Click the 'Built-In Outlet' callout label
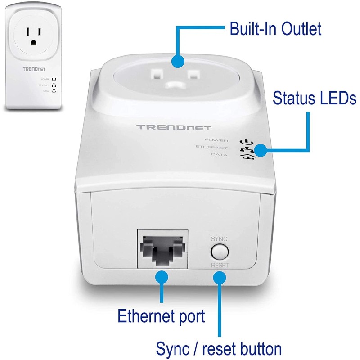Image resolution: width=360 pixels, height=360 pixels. (x=275, y=29)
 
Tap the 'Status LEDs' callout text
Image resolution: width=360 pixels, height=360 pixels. (x=314, y=98)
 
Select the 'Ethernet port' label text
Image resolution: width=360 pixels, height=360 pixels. (x=161, y=315)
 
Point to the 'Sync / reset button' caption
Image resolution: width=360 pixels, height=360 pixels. (x=219, y=348)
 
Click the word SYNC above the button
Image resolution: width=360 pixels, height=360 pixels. (x=219, y=238)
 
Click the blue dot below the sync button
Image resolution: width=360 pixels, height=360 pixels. (x=219, y=278)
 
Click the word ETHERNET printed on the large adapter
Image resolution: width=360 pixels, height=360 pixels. (x=211, y=147)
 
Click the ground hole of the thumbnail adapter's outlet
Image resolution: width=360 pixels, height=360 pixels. (x=33, y=42)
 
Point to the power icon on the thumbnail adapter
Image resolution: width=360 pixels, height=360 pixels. (x=54, y=79)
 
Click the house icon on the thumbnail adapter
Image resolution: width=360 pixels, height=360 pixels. (x=54, y=90)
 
